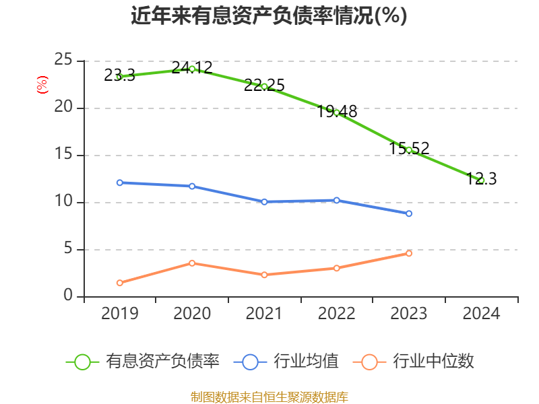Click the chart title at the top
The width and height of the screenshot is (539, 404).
click(x=269, y=16)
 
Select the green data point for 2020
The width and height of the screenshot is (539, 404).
click(x=192, y=69)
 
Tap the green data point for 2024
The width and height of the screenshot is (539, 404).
click(x=482, y=180)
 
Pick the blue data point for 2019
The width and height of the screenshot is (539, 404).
click(x=119, y=182)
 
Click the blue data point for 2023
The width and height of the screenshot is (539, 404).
click(x=409, y=213)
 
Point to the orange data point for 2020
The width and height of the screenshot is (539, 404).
click(x=192, y=263)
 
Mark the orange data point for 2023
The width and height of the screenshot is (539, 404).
click(x=409, y=253)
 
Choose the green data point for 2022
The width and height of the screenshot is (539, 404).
click(x=337, y=112)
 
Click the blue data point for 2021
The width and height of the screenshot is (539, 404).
click(x=264, y=202)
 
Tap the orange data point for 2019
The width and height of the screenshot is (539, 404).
click(x=119, y=283)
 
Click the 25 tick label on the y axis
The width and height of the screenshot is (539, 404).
click(x=63, y=61)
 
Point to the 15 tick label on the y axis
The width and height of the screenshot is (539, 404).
click(x=63, y=155)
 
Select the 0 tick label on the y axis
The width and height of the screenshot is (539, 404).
click(x=68, y=296)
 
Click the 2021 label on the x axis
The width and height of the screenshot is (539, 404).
click(x=264, y=314)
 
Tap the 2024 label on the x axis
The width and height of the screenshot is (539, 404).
click(x=482, y=314)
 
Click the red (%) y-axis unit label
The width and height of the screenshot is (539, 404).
click(x=42, y=86)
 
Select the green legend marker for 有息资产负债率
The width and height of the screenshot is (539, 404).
click(x=82, y=362)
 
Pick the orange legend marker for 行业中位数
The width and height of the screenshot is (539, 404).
click(x=369, y=362)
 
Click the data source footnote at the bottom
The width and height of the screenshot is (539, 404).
click(x=269, y=397)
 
